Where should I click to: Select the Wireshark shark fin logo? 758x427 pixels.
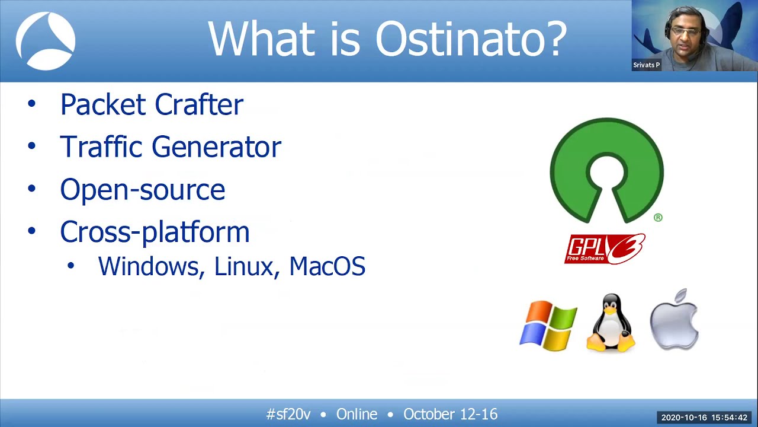[46, 42]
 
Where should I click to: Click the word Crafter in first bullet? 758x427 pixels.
[198, 105]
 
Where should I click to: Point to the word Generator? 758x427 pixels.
[216, 147]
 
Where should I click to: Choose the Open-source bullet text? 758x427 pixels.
[142, 190]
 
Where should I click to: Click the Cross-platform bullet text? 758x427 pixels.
[155, 232]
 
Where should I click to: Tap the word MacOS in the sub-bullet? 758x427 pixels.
[327, 266]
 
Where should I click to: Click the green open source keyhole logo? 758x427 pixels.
[606, 170]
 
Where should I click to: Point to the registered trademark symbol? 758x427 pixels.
[658, 218]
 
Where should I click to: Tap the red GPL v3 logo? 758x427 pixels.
[605, 248]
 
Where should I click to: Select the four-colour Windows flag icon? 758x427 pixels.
[548, 326]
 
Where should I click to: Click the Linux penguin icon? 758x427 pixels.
[611, 323]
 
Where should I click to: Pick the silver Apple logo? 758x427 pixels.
[675, 320]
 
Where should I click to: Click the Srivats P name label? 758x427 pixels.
[646, 65]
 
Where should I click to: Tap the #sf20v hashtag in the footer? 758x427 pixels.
[288, 414]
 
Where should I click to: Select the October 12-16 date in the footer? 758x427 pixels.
[450, 414]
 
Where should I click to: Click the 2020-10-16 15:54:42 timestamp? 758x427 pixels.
[704, 418]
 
